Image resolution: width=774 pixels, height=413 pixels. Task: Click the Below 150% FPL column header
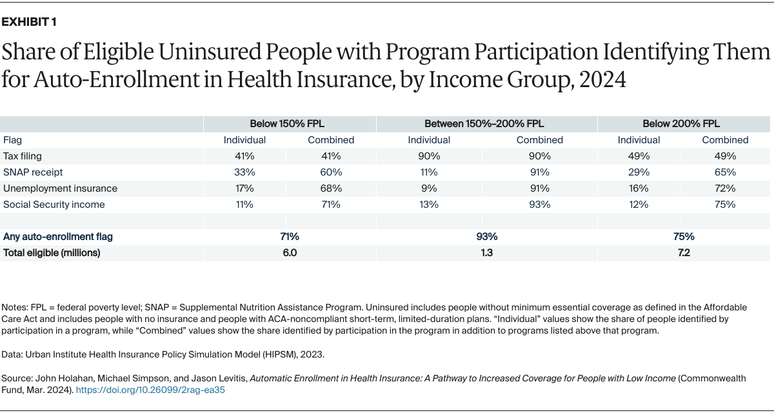(x=290, y=123)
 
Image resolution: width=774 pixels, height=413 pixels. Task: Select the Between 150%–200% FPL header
(x=486, y=123)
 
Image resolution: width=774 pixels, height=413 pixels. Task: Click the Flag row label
(x=12, y=140)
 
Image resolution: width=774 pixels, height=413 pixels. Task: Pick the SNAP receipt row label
(x=33, y=172)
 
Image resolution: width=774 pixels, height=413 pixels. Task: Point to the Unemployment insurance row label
(x=60, y=188)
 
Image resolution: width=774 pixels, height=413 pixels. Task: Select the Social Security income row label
(x=54, y=205)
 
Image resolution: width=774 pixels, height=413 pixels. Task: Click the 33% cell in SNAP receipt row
(x=244, y=172)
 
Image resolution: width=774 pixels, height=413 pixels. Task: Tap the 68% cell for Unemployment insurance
(x=332, y=188)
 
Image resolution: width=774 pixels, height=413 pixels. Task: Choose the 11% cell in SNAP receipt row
(x=429, y=172)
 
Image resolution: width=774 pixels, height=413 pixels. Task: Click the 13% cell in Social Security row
(x=429, y=205)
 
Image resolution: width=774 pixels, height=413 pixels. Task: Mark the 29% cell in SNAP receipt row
(x=639, y=172)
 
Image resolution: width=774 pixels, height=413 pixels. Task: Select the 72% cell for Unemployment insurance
(x=726, y=188)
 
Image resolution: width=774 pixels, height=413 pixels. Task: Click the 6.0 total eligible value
(x=290, y=253)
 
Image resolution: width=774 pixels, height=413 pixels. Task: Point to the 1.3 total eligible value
(x=486, y=253)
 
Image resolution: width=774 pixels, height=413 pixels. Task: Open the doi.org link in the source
(x=150, y=390)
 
